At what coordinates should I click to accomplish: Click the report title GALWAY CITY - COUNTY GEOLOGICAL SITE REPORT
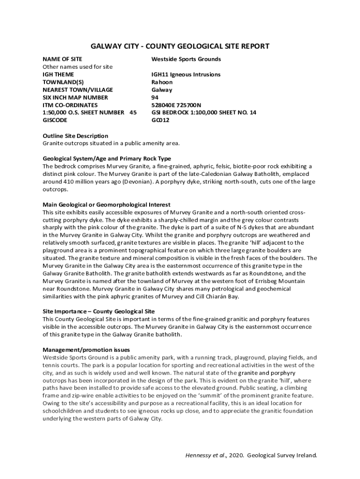180,46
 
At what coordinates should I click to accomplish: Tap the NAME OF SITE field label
62,59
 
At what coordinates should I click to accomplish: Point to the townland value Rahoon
162,82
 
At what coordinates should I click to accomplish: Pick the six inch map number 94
155,97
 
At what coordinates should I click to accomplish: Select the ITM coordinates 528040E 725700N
176,105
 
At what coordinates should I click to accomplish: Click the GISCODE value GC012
160,120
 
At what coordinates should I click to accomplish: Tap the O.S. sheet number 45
133,112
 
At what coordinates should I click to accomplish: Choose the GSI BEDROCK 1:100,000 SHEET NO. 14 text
203,112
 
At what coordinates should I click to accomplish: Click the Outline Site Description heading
75,136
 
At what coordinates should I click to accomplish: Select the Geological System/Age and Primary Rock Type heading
107,159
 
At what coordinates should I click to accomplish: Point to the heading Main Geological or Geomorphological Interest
107,204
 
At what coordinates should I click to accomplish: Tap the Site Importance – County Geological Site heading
99,312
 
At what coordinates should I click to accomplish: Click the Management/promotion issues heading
86,350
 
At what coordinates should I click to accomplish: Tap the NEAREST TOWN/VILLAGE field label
78,89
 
